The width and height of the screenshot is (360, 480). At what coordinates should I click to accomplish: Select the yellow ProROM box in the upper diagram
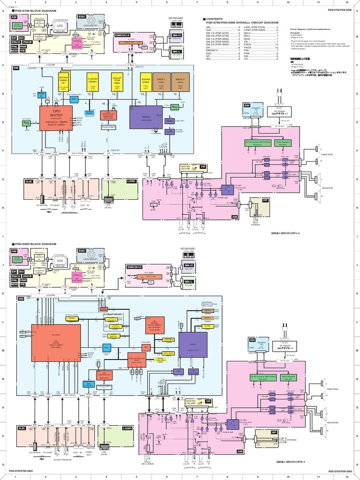[x=92, y=82]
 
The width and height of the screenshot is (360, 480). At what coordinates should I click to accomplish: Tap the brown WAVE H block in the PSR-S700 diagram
[x=180, y=82]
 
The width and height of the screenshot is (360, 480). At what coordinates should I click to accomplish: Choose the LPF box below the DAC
[x=170, y=132]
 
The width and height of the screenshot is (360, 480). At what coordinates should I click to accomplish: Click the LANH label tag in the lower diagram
[x=127, y=428]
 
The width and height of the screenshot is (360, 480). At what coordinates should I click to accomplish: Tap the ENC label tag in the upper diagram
[x=82, y=16]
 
